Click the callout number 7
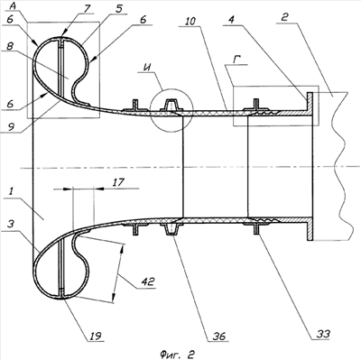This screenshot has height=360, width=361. point(87,8)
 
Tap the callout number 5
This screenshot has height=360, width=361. point(118,9)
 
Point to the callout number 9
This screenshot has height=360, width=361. point(11,127)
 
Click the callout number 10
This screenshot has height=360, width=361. point(190,21)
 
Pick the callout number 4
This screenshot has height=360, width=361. point(231,21)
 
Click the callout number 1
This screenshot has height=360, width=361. point(11,191)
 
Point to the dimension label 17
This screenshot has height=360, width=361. point(119,182)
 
